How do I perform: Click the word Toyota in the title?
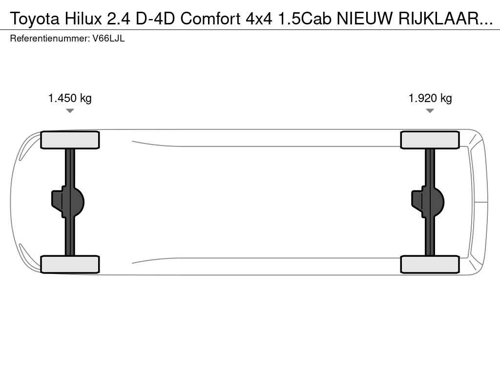[x=35, y=19]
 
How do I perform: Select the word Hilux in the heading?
[x=83, y=19]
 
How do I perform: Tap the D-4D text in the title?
[x=155, y=19]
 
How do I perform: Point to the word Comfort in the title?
[x=210, y=19]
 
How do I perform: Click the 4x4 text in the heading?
[x=259, y=19]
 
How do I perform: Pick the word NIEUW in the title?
[x=364, y=19]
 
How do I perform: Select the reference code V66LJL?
[x=109, y=39]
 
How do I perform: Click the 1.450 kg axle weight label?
[x=70, y=98]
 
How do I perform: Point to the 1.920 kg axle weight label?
[x=430, y=98]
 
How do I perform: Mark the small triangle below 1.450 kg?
[x=70, y=111]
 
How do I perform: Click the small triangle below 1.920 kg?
[x=430, y=111]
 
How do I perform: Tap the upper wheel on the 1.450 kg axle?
[x=70, y=140]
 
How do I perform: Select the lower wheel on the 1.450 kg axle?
[x=70, y=264]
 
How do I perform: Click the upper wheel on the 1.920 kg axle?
[x=430, y=140]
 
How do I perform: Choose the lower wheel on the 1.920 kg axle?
[x=430, y=264]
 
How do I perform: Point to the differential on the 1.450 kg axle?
[x=68, y=202]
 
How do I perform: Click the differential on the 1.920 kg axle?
[x=428, y=202]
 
